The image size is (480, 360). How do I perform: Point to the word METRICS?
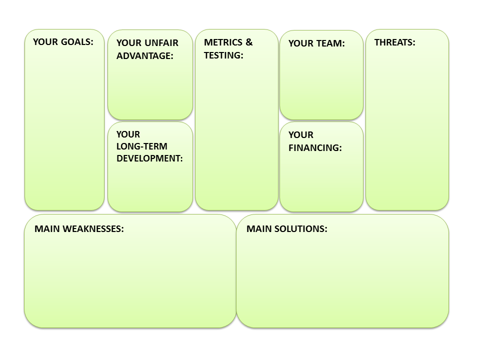coord(223,42)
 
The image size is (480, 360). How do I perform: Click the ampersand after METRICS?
coord(249,42)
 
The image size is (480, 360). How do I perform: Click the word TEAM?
coord(330,43)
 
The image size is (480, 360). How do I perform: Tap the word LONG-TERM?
coord(141,146)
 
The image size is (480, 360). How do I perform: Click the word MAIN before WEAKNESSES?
coord(47,229)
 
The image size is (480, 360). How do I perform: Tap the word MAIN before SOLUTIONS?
coord(259,229)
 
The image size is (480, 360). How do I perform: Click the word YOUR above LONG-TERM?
coord(128,134)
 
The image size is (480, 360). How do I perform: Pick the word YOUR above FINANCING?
coord(301,135)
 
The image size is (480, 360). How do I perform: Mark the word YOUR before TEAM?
coord(301,43)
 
